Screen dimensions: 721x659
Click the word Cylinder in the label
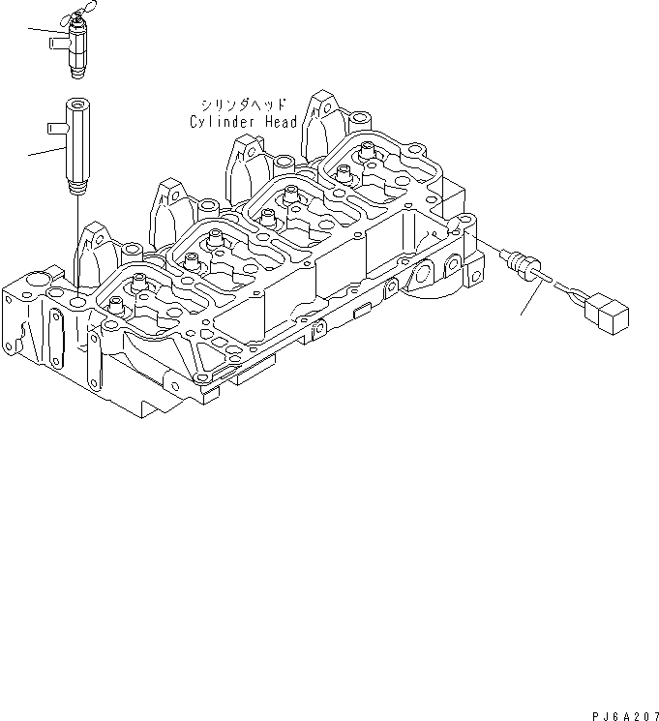click(222, 122)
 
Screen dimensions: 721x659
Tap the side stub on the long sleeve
click(54, 125)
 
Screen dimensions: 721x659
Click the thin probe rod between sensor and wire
click(545, 279)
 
